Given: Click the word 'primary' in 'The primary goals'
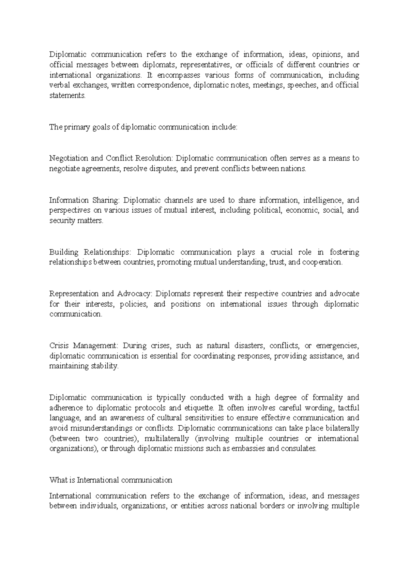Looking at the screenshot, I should (x=75, y=127).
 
